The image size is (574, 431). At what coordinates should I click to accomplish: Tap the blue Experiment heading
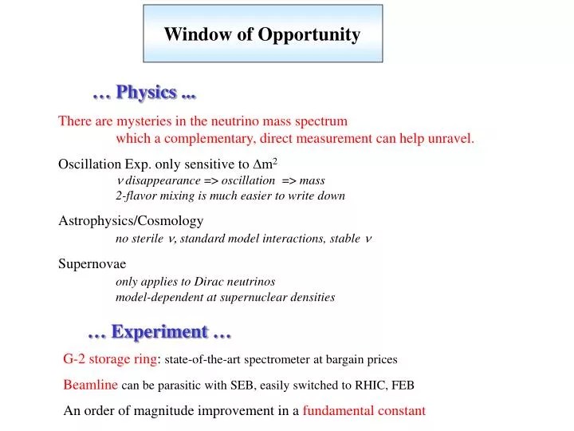pyautogui.click(x=159, y=330)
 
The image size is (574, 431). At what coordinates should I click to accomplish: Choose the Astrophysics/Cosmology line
pyautogui.click(x=131, y=221)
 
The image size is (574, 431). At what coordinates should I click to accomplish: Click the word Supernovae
pyautogui.click(x=92, y=264)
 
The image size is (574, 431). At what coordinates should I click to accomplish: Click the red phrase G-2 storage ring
pyautogui.click(x=111, y=359)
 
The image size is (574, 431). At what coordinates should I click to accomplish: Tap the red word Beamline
pyautogui.click(x=91, y=385)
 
